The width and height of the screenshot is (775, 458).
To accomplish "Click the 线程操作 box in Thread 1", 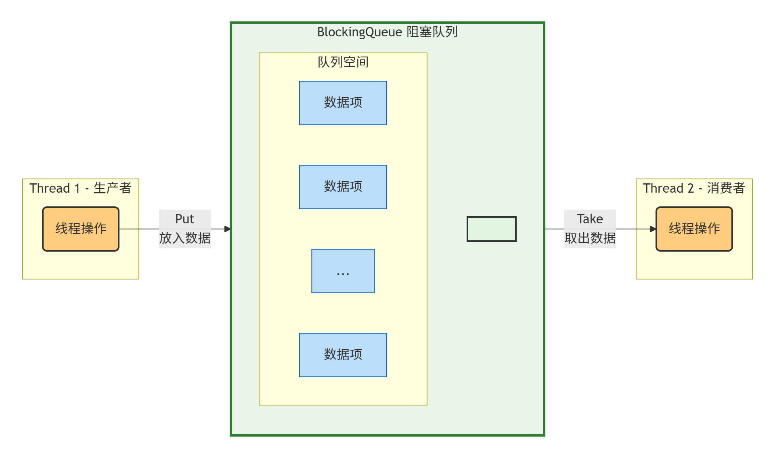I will tap(81, 229).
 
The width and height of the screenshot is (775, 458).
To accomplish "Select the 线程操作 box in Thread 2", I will tap(694, 229).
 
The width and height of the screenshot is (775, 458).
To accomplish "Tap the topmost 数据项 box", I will tap(343, 103).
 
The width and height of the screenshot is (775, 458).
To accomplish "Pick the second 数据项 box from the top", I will tap(343, 187).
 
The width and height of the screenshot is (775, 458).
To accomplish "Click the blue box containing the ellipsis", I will tap(343, 271).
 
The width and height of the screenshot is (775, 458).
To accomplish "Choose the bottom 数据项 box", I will tap(343, 355).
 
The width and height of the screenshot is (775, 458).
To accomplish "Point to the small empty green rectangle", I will tap(491, 229).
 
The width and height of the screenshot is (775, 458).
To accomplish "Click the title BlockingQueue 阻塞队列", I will tap(387, 32).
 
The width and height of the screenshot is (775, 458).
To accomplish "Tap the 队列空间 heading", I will tap(343, 62).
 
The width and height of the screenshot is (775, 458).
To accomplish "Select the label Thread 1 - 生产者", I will tap(80, 188).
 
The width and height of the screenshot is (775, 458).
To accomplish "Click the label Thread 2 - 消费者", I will tap(693, 188).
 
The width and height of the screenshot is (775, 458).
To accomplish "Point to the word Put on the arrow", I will tap(184, 219).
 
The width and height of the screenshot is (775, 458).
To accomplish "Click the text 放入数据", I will tap(184, 238).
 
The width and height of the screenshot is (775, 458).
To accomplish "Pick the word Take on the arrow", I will tap(590, 219).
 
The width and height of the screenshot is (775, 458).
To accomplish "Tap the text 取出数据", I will tap(590, 238).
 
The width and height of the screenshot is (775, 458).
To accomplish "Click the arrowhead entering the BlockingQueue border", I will tap(228, 229).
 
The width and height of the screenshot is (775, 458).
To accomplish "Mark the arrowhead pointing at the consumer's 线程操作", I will tap(653, 229).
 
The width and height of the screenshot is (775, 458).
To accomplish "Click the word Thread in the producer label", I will tap(50, 188).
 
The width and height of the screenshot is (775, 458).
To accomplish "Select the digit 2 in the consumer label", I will tap(690, 188).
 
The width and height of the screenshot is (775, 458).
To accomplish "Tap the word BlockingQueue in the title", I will tap(360, 32).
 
